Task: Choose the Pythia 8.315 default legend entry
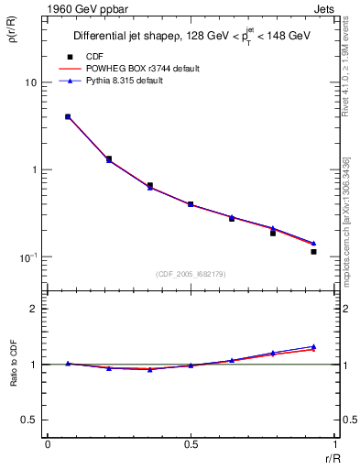pyautogui.click(x=128, y=82)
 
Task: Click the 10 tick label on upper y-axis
pyautogui.click(x=30, y=83)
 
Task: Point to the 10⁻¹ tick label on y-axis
pyautogui.click(x=27, y=256)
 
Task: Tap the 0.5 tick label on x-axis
pyautogui.click(x=191, y=443)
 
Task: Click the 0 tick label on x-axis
pyautogui.click(x=48, y=443)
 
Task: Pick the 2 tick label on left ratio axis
pyautogui.click(x=34, y=309)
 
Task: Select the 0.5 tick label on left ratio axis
pyautogui.click(x=29, y=420)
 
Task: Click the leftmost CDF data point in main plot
pyautogui.click(x=68, y=116)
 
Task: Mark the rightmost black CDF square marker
pyautogui.click(x=313, y=251)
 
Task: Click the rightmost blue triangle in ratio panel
pyautogui.click(x=313, y=346)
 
